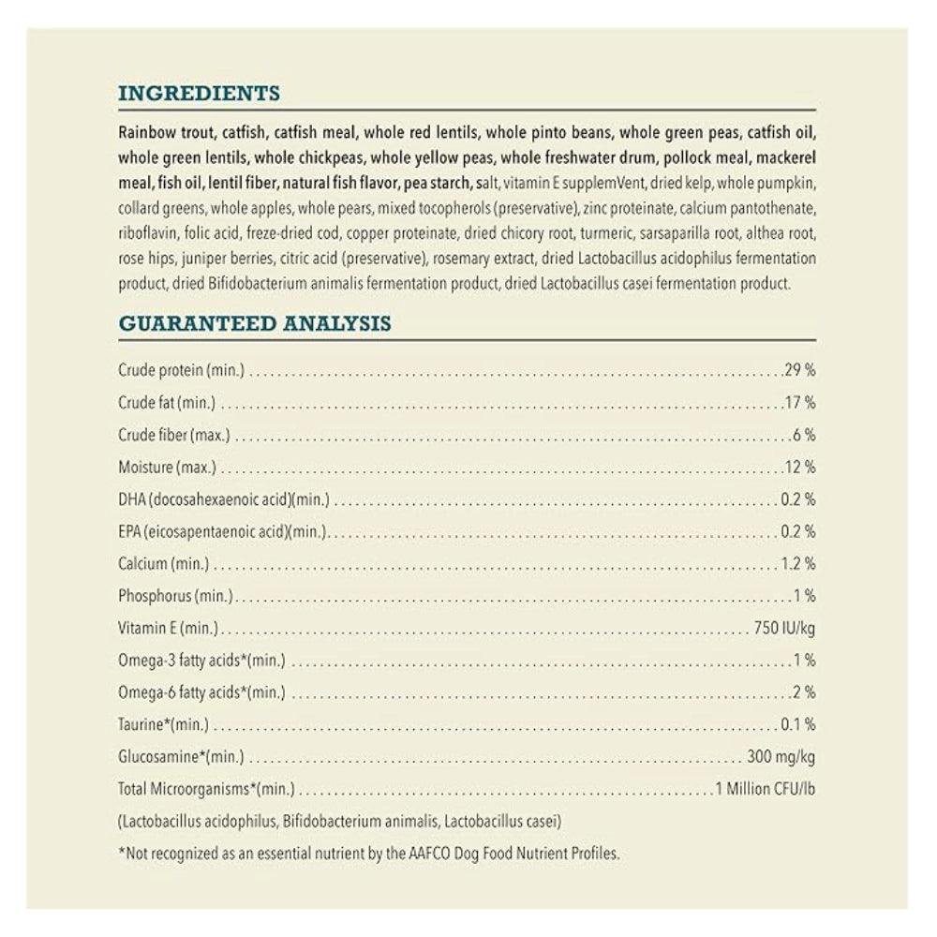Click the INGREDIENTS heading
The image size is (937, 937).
(x=199, y=94)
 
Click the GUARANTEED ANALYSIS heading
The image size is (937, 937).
(x=255, y=324)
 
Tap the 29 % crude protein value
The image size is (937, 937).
(x=799, y=371)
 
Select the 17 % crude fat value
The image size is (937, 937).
(x=799, y=404)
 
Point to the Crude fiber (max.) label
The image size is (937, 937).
(x=174, y=436)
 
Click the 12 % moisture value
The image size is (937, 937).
(x=799, y=468)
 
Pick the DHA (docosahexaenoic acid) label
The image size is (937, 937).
(x=224, y=499)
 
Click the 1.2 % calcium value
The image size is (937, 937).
(x=797, y=564)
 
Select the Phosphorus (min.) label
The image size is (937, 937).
(x=176, y=596)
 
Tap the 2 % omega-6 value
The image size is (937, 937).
(x=804, y=692)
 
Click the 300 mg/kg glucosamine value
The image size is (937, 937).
(x=781, y=756)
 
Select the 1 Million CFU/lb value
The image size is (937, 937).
(x=765, y=789)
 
